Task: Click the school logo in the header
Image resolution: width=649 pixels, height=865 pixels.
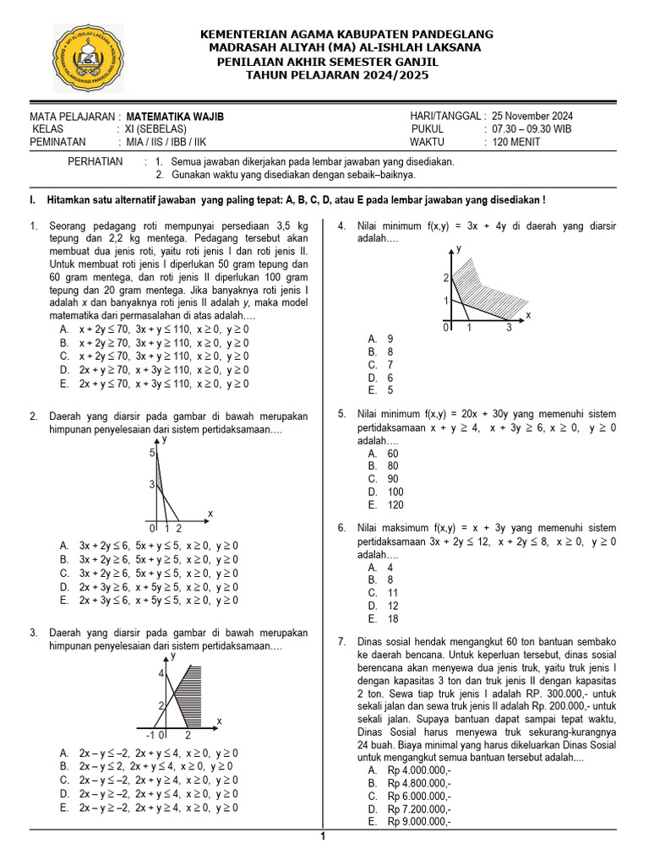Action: [88, 58]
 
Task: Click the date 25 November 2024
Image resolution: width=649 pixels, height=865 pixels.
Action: [532, 116]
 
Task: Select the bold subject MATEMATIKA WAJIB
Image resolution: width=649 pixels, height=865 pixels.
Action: [176, 117]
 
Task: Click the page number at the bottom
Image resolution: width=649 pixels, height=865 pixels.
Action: [322, 836]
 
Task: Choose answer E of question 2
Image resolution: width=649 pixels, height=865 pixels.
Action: [149, 601]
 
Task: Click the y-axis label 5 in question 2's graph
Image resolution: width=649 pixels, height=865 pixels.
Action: [153, 454]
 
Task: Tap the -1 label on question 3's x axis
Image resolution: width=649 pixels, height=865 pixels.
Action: [150, 735]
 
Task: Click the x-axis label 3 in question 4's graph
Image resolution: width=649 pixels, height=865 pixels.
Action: [509, 328]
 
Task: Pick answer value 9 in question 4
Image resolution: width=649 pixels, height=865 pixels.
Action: [390, 339]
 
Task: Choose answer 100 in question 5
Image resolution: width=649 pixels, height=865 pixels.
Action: [395, 492]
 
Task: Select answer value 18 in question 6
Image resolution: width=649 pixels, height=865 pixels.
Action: [393, 618]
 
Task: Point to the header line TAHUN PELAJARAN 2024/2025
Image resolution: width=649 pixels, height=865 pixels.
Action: [337, 75]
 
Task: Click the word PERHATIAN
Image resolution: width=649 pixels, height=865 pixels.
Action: [95, 161]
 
